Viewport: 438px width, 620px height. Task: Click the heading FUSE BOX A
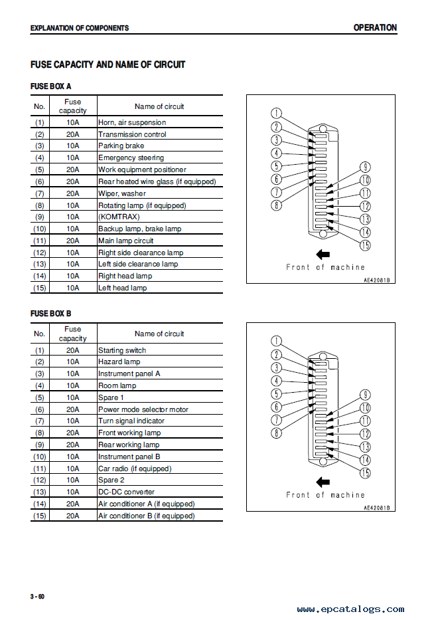coord(50,86)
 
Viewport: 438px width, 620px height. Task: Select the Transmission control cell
coord(132,134)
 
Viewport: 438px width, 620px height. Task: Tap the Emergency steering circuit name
coord(131,157)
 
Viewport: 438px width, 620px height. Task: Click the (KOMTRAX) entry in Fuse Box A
coord(119,217)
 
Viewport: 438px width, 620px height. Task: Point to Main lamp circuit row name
coord(126,241)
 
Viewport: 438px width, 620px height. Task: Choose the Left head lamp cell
coord(122,288)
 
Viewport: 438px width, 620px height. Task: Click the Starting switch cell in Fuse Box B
coord(122,350)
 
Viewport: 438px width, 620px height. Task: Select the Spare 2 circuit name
coord(111,480)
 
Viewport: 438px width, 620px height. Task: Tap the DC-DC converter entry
coord(126,492)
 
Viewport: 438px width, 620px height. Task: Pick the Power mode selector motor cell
coord(143,409)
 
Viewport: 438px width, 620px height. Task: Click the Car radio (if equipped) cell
coord(135,468)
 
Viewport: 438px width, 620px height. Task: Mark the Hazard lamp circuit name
coord(119,362)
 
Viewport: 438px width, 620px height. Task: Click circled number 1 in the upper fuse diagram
coord(276,114)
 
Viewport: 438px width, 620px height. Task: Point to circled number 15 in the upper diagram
coord(365,245)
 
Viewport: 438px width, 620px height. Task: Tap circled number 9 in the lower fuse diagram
coord(365,395)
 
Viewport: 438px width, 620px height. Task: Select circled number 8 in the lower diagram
coord(277,433)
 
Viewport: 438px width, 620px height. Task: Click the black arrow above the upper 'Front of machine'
coord(323,255)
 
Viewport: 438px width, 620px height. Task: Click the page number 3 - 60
coord(38,597)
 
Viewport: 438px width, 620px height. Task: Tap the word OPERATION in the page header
coord(375,28)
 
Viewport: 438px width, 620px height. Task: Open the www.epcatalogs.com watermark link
coord(350,609)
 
